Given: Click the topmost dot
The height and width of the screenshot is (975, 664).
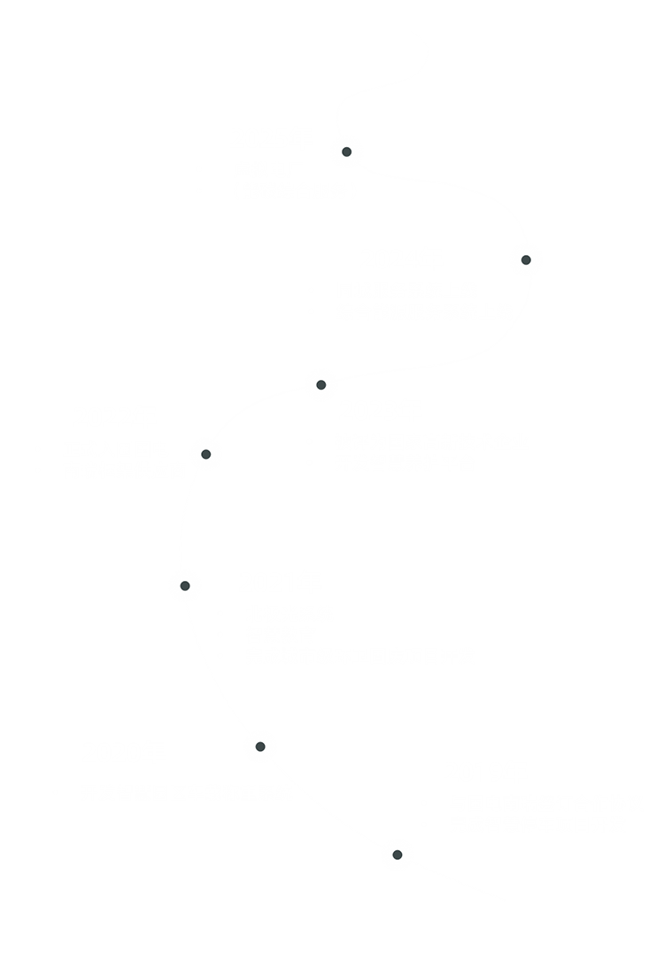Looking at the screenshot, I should pos(346,151).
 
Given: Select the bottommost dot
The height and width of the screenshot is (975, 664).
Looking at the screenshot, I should pos(398,855).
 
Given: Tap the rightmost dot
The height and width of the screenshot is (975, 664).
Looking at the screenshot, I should pos(526,259).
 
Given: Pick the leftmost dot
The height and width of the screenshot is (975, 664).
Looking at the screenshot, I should pos(185,585).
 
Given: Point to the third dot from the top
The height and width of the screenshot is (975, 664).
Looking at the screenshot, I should pos(321,384).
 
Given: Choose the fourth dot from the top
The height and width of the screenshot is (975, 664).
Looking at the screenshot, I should pos(206,454).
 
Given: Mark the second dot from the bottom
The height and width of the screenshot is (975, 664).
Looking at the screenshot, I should pos(260,747).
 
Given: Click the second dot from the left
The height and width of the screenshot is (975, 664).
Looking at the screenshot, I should pos(206,454).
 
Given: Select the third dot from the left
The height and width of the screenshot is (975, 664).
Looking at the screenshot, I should pos(260,747).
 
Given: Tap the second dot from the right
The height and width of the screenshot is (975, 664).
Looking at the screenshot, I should pos(398,855).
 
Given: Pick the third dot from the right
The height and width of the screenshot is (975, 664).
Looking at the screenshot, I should pos(346,151).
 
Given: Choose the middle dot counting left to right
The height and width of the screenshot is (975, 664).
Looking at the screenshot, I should pos(321,384).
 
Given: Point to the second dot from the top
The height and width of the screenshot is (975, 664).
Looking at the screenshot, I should pos(526,259).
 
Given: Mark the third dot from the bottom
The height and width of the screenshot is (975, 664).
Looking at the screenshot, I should pos(185,585).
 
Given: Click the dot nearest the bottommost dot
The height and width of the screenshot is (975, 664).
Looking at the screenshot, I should pos(260,747).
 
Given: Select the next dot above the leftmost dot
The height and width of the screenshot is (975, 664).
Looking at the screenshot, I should pos(206,454).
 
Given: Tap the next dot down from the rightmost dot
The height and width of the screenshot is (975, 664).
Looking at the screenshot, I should pos(321,384).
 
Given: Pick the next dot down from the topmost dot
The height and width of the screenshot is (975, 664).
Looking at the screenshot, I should pos(526,259).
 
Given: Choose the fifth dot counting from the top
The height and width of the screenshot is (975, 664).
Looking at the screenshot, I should pos(185,585).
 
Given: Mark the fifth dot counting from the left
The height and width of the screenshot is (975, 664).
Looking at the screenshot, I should pos(346,151).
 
